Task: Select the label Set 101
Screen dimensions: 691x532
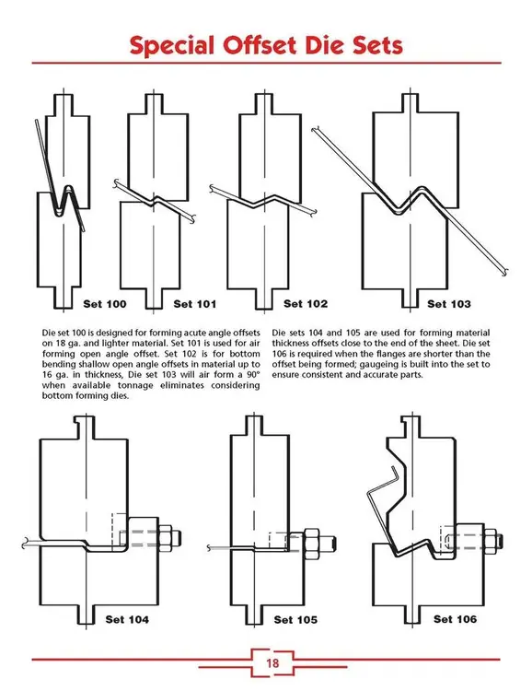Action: [x=195, y=303]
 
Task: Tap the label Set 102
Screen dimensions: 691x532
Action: [x=306, y=303]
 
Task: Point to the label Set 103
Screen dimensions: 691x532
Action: [x=449, y=303]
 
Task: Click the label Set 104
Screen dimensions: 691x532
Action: [x=127, y=619]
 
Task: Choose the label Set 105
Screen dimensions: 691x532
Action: [x=295, y=619]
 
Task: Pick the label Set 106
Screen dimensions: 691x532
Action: [x=455, y=618]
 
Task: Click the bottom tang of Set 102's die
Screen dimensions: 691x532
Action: [x=266, y=296]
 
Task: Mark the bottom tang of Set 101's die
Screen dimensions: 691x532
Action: [x=154, y=296]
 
